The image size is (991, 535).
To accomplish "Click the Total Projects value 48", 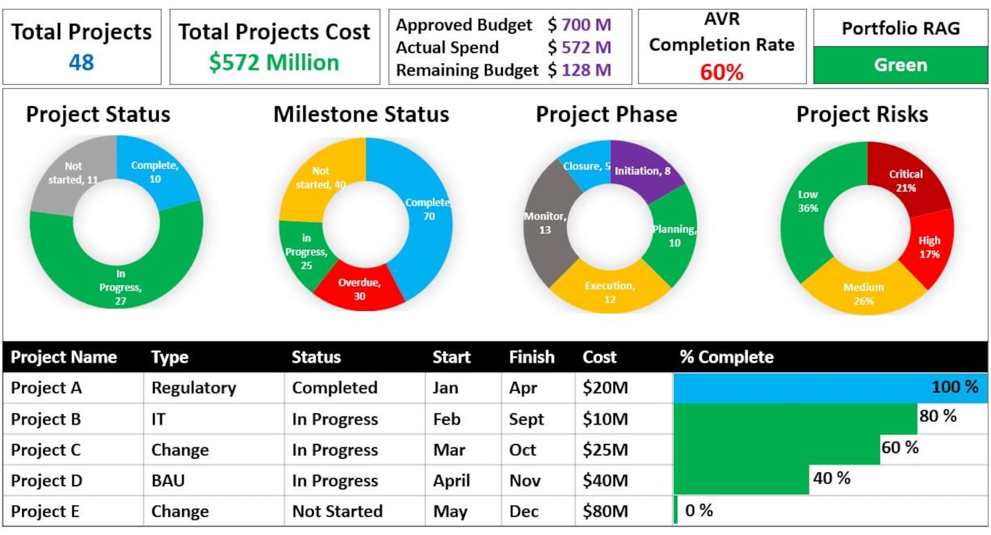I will coord(81,62).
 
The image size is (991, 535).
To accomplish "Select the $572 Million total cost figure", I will coord(274,62).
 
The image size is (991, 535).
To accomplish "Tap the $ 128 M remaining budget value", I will coord(579,70).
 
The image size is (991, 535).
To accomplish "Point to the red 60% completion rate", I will coord(721,72).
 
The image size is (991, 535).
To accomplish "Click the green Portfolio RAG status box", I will coord(901,65).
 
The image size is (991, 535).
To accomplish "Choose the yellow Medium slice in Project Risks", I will coord(864,293).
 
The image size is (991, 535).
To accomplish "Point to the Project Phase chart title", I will coord(606,114).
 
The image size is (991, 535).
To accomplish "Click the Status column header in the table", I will coord(316,357).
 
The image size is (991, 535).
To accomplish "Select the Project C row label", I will coord(46,449).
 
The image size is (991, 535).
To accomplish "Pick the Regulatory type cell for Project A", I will coord(193,388).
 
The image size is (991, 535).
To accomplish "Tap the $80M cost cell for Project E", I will coord(605,511).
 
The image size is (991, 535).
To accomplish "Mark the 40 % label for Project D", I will coord(831,478).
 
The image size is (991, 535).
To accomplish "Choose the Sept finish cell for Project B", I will coord(526,419).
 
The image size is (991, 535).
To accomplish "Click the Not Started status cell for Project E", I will coord(337,511).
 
